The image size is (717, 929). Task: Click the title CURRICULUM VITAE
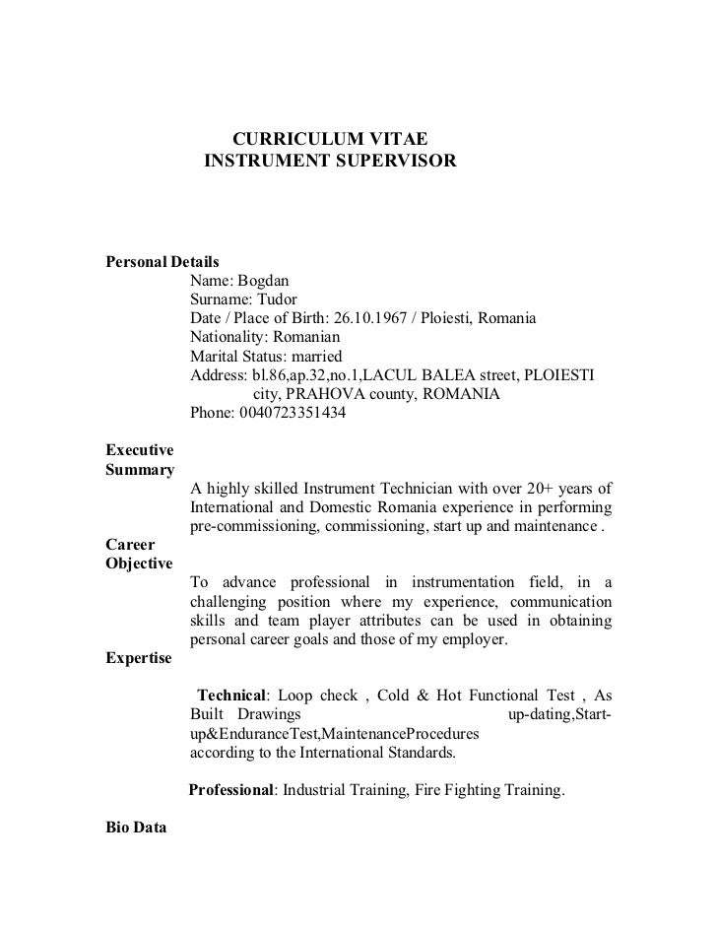tap(330, 137)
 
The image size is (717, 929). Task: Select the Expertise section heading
tap(138, 657)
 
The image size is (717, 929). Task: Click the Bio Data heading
tap(136, 828)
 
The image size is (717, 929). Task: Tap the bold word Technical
tap(232, 695)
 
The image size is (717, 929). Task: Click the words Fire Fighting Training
tap(472, 790)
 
